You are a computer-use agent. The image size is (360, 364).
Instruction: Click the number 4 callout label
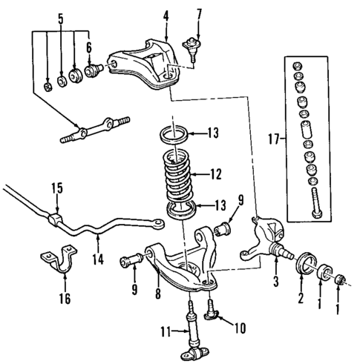[x=166, y=15]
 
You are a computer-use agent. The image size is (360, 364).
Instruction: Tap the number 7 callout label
[x=199, y=14]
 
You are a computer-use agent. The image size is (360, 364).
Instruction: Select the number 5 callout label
[x=61, y=18]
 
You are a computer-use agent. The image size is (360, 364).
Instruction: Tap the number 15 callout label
[x=53, y=186]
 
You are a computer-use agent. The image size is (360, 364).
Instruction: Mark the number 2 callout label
[x=301, y=299]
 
